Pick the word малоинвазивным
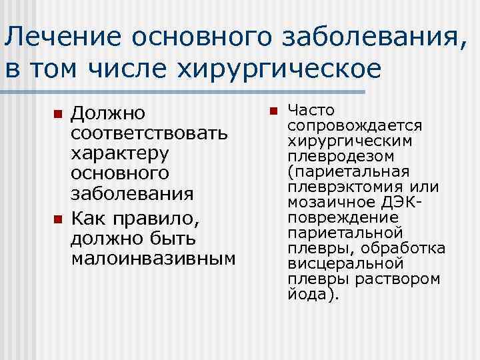[x=153, y=257]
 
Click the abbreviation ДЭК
[x=397, y=202]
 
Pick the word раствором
[x=406, y=279]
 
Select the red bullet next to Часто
[x=271, y=111]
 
